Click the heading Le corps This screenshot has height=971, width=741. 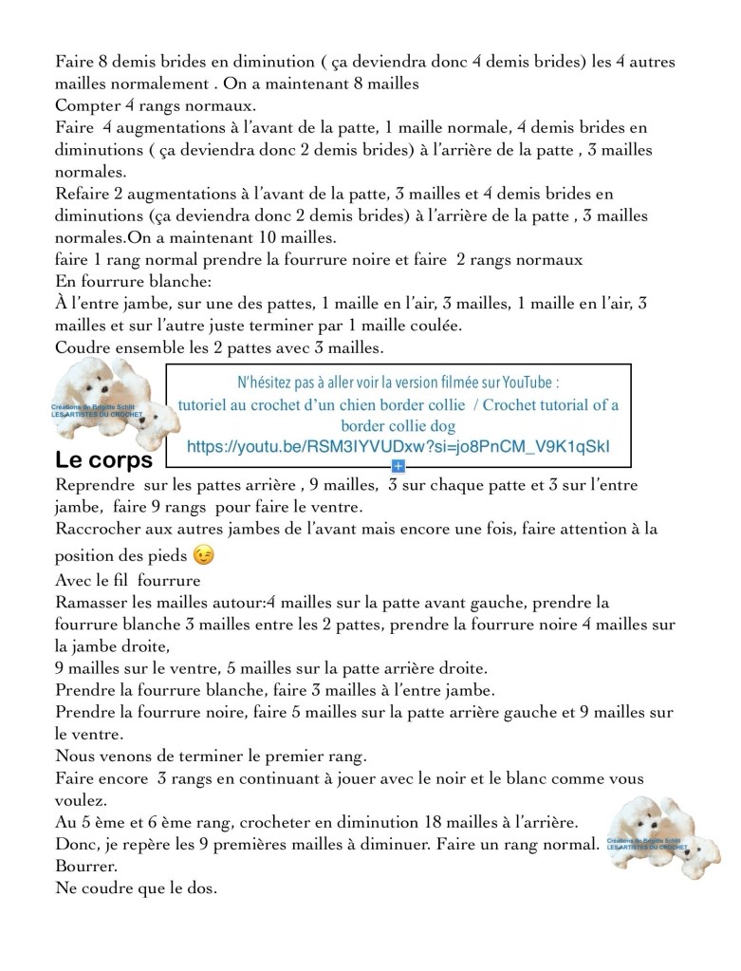coord(104,460)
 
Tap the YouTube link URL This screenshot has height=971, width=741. coord(398,446)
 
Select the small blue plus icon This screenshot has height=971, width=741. coord(398,466)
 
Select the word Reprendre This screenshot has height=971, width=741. coord(96,485)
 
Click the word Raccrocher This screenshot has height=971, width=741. coord(101,528)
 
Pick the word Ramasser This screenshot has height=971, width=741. coord(95,603)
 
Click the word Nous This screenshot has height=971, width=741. coord(76,756)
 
